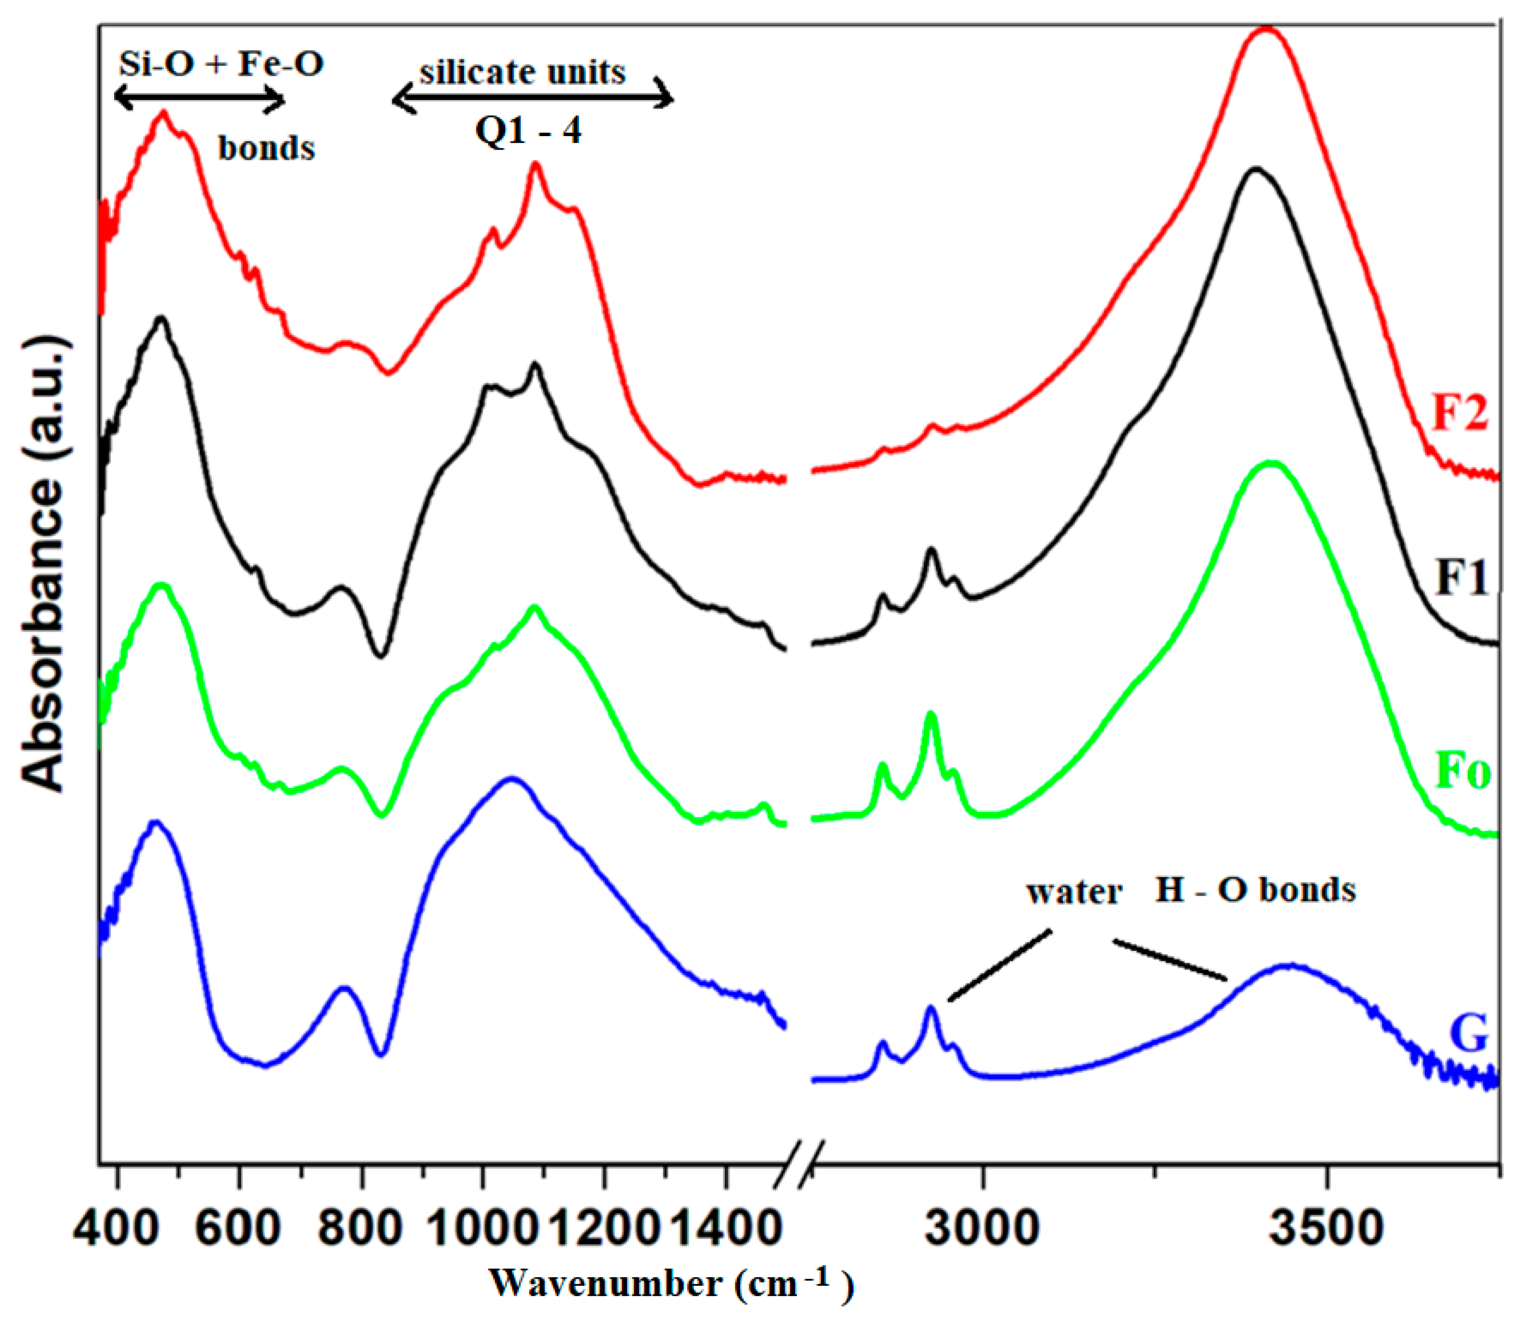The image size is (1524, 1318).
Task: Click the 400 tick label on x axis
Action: pyautogui.click(x=117, y=1227)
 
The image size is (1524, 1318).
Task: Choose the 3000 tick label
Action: pyautogui.click(x=982, y=1227)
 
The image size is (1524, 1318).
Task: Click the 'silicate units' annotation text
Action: pyautogui.click(x=522, y=72)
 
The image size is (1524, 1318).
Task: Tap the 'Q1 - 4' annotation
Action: pyautogui.click(x=528, y=130)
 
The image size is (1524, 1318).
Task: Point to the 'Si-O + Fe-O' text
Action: pyautogui.click(x=221, y=64)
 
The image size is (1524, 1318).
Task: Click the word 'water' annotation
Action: pyautogui.click(x=1074, y=891)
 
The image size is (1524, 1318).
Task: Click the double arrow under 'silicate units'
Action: pyautogui.click(x=533, y=99)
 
